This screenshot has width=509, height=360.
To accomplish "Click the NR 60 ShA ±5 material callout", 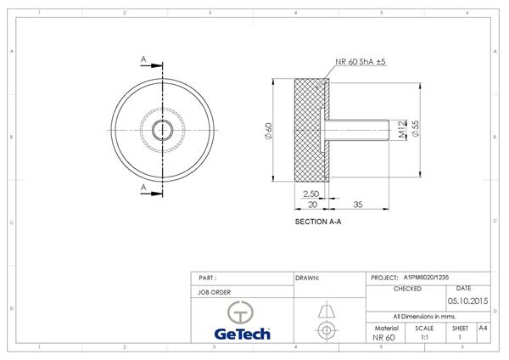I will click(361, 62).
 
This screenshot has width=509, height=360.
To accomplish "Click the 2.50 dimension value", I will click(310, 194).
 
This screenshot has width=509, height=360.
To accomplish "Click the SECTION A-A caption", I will click(317, 222).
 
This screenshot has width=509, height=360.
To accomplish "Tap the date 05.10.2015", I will click(467, 300).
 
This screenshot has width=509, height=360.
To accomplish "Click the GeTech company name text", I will click(241, 334).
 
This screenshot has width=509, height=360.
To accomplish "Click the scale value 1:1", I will click(424, 337).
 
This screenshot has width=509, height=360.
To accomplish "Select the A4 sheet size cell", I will click(483, 328).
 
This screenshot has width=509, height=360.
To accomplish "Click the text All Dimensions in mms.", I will click(422, 316).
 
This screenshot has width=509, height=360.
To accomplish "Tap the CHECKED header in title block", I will click(406, 289).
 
